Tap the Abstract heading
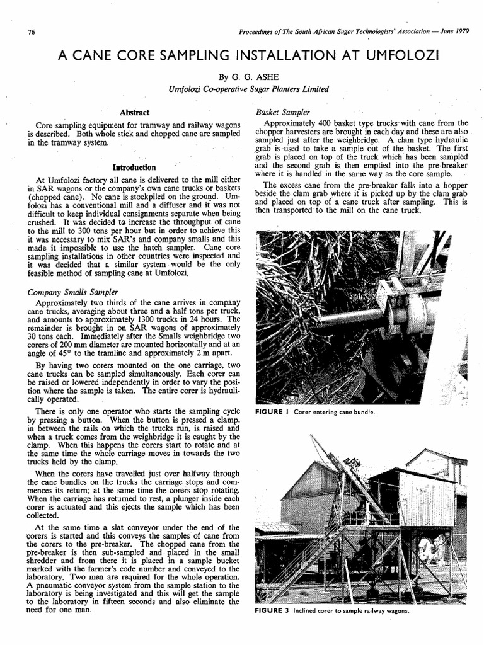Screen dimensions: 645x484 pyautogui.click(x=134, y=112)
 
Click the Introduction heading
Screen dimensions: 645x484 pyautogui.click(x=134, y=168)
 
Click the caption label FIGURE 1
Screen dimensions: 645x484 pyautogui.click(x=272, y=412)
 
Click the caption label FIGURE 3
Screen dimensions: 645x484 pyautogui.click(x=272, y=610)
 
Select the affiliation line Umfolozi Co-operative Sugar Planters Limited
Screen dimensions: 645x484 pyautogui.click(x=249, y=89)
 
